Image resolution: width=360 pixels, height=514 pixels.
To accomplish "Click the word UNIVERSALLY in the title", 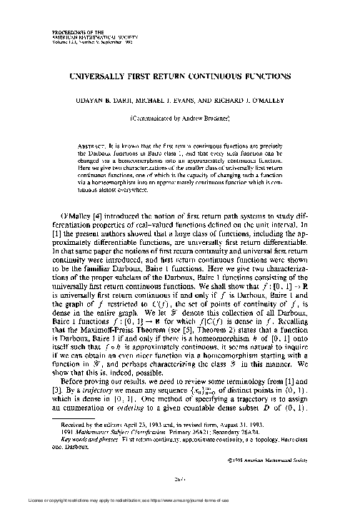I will tap(109, 74).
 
